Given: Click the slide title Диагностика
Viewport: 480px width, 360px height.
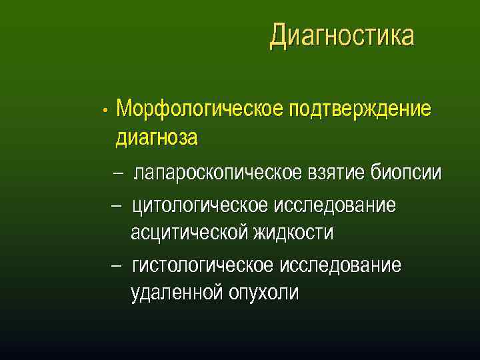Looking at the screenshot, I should (341, 36).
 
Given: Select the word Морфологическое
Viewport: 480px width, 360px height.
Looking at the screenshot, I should (200, 109).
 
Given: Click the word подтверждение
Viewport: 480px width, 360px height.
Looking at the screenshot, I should (360, 109).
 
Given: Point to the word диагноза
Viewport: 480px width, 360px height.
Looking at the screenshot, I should (157, 138).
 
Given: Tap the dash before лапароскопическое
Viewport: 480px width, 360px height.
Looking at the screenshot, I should (118, 174).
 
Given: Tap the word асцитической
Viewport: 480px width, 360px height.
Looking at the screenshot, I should (190, 233).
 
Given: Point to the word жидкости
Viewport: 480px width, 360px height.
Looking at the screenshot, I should (293, 233).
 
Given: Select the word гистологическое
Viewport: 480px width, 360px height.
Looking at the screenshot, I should (203, 265).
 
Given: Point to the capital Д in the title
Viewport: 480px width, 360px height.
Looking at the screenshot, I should (279, 37).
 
